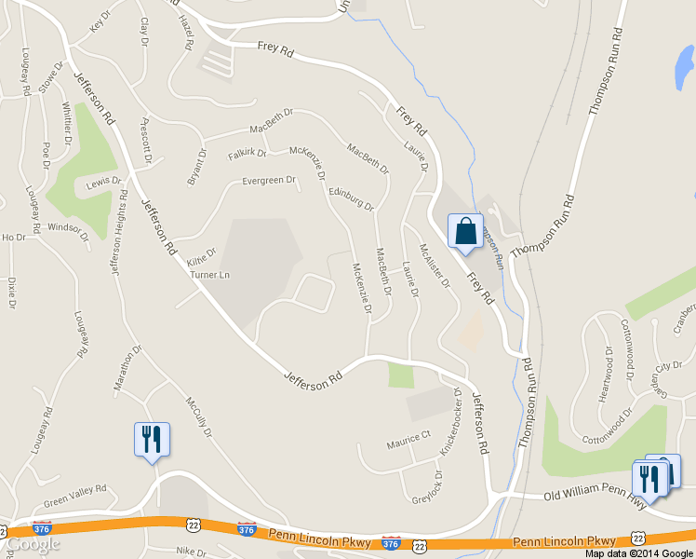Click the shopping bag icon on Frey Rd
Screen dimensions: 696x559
465,231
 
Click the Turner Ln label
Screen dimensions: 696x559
209,275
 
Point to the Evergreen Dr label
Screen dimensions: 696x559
268,181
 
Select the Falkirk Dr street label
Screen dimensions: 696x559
247,153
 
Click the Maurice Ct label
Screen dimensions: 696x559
409,435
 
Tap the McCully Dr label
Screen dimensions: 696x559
199,417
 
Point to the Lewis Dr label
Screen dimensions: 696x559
103,182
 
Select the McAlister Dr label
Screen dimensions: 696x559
434,265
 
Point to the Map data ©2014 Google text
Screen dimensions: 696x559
640,552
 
